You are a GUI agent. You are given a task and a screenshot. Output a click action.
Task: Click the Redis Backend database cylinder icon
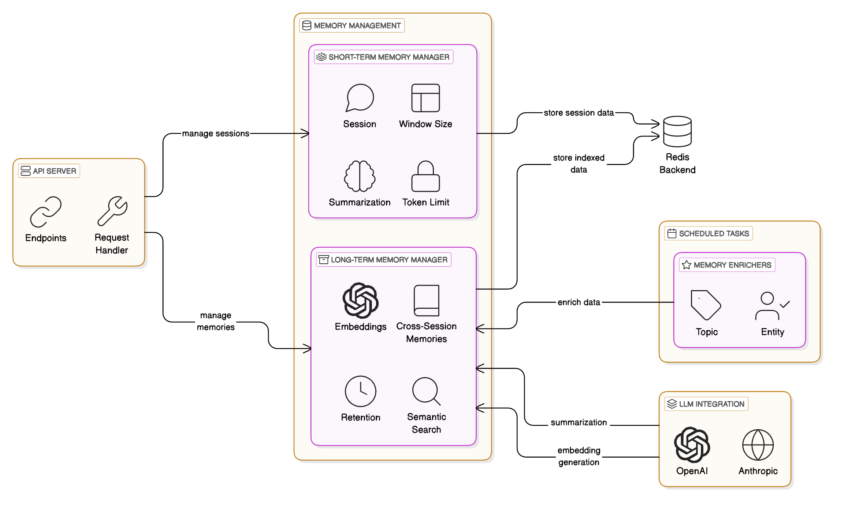[677, 132]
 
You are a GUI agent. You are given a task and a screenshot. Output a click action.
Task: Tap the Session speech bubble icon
[360, 98]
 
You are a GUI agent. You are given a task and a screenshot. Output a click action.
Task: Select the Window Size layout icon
[425, 98]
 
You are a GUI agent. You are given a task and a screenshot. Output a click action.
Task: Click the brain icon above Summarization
[360, 176]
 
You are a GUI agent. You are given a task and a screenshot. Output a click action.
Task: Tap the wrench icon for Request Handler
[112, 211]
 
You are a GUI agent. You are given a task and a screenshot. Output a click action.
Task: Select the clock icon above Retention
[360, 391]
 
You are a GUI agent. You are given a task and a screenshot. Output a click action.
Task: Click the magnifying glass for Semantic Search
[426, 391]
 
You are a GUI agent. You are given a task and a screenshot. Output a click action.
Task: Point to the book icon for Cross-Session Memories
[426, 300]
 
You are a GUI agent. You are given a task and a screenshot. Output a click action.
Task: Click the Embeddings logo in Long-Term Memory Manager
[360, 300]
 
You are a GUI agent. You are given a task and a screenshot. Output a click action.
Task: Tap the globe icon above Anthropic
[758, 445]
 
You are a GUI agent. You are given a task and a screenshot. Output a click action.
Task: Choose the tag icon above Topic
[706, 305]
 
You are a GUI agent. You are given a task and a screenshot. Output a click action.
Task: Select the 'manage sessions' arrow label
[216, 134]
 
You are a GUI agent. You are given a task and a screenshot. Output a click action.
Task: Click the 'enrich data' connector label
[579, 302]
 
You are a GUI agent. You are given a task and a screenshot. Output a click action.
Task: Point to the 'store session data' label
[579, 113]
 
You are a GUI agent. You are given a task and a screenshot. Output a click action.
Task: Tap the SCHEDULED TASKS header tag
[709, 233]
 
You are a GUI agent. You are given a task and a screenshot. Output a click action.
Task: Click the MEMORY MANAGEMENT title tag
[352, 26]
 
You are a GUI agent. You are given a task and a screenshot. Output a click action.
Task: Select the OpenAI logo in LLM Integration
[692, 445]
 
